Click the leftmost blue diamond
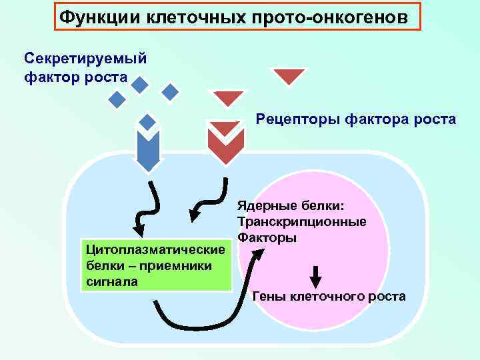tap(117, 100)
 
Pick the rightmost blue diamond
tap(171, 92)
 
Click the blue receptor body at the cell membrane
tap(147, 152)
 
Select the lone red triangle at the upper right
tap(289, 76)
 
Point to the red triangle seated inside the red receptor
tap(223, 127)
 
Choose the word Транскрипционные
tap(301, 222)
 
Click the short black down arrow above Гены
tap(317, 275)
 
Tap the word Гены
tap(271, 295)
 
